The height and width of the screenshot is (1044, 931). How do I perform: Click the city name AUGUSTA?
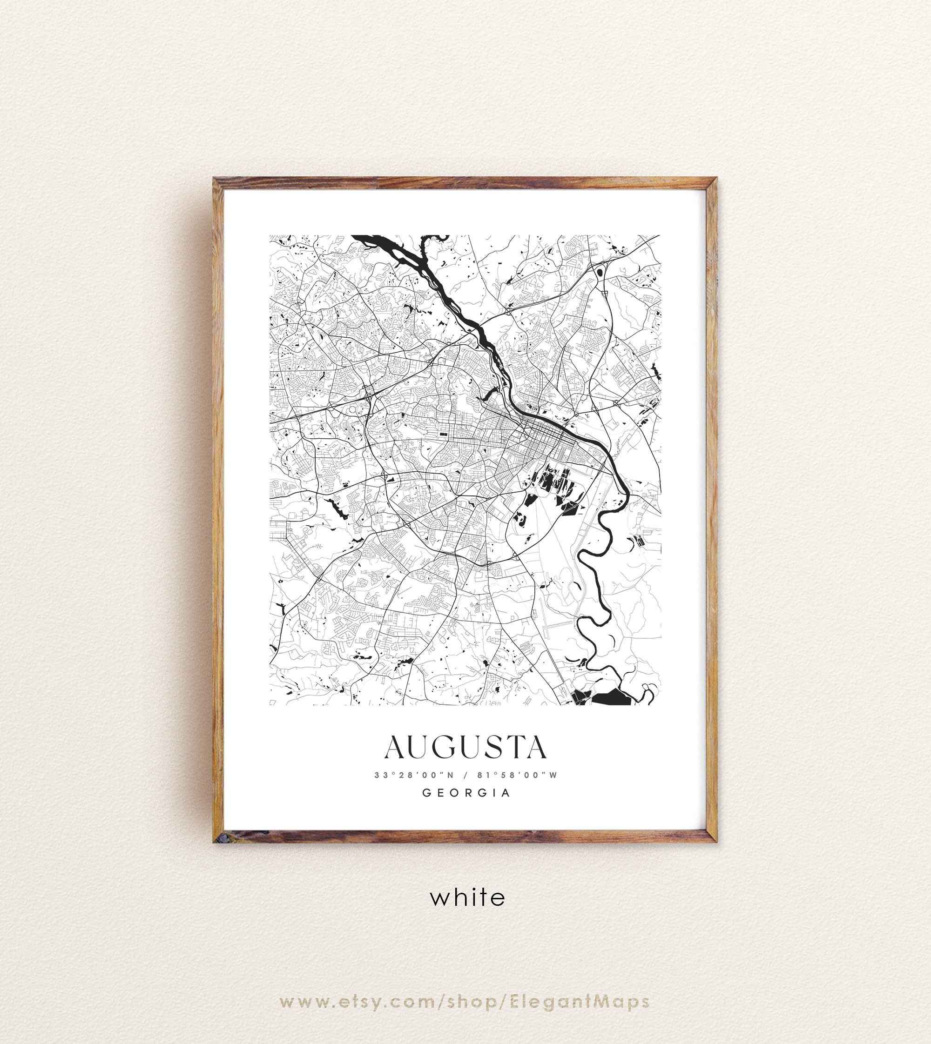465,748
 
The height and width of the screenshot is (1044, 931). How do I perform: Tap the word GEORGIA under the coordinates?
465,793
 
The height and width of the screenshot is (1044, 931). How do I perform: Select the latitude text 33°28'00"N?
414,775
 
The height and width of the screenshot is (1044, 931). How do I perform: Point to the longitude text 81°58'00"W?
517,775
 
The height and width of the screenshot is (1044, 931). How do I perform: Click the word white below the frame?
467,897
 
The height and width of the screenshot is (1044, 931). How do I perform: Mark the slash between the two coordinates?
465,775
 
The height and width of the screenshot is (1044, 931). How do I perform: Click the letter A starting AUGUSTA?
394,748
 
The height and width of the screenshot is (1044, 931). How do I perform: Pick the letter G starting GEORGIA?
425,793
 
